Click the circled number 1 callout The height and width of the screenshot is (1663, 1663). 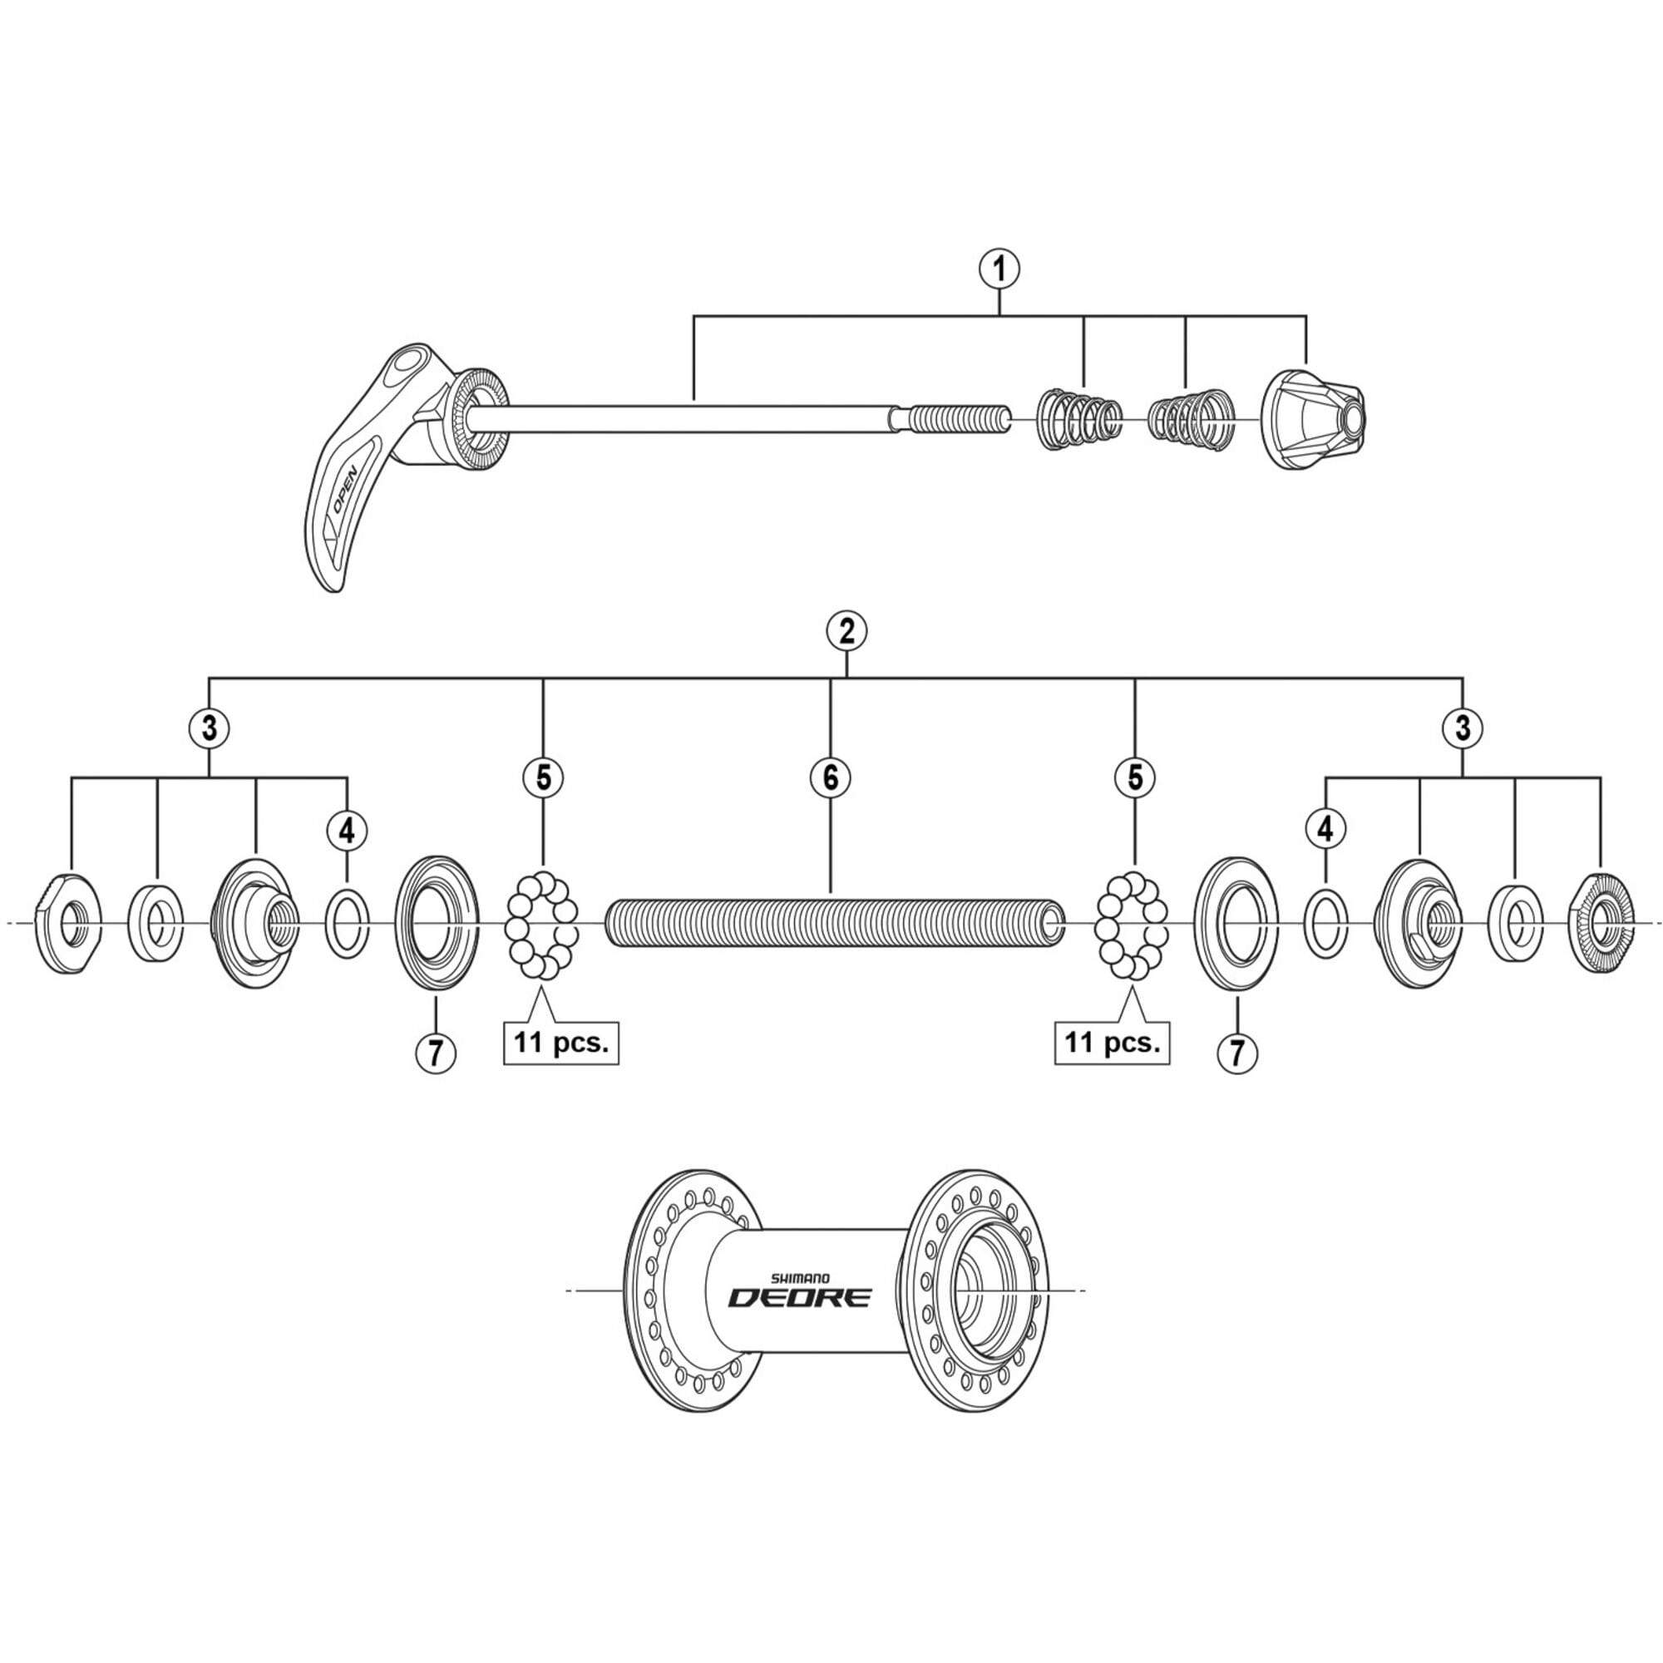pyautogui.click(x=999, y=269)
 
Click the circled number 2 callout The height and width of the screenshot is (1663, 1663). pyautogui.click(x=846, y=632)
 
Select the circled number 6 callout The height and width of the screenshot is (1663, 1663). pyautogui.click(x=830, y=777)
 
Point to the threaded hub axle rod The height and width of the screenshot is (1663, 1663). pyautogui.click(x=833, y=924)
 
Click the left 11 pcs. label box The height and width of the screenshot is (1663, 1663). pyautogui.click(x=561, y=1043)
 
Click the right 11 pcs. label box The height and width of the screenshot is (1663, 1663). pyautogui.click(x=1112, y=1043)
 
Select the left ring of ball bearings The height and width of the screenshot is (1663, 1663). pyautogui.click(x=542, y=925)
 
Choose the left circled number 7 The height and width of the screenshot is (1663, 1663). pyautogui.click(x=436, y=1052)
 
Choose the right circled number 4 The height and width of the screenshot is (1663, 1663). pyautogui.click(x=1325, y=830)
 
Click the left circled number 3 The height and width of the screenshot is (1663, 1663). pyautogui.click(x=210, y=728)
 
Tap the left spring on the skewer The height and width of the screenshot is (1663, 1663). pyautogui.click(x=1079, y=418)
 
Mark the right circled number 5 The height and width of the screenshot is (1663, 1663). pyautogui.click(x=1134, y=777)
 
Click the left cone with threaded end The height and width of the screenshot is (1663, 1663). pyautogui.click(x=254, y=924)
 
